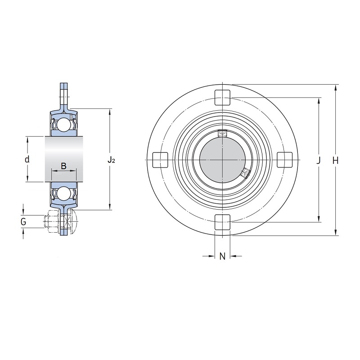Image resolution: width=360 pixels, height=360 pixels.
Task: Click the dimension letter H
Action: [x=335, y=161]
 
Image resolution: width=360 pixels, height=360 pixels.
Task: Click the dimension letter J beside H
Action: [x=318, y=161]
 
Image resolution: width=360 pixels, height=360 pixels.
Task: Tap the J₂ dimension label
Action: [x=111, y=160]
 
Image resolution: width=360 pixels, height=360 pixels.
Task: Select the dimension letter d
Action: [x=27, y=159]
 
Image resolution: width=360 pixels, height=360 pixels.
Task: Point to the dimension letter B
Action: [x=63, y=166]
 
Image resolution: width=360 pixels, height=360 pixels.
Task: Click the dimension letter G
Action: [x=23, y=222]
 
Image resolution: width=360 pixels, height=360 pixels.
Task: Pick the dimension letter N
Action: [x=222, y=256]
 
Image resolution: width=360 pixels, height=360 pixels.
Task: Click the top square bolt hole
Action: [x=222, y=98]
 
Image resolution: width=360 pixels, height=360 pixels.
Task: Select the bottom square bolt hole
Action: [x=222, y=222]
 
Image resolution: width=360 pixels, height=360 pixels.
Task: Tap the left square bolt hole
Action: [x=160, y=160]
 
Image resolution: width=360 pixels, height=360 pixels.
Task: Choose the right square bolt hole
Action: [x=285, y=160]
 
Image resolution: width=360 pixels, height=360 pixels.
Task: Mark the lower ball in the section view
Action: [x=63, y=193]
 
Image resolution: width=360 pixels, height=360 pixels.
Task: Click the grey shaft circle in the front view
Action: [x=222, y=160]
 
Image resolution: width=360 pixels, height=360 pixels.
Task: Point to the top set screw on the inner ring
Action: [x=222, y=133]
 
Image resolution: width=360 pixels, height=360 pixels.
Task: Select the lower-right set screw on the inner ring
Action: [x=245, y=173]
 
